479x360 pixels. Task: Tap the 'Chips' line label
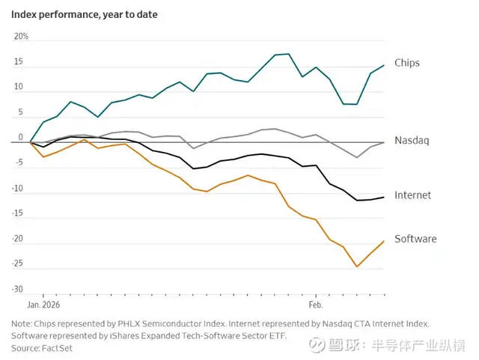(x=407, y=63)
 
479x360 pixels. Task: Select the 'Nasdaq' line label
(x=411, y=141)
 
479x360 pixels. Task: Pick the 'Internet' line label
(x=412, y=195)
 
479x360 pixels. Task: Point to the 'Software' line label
(x=415, y=239)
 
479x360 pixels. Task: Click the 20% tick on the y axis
(x=21, y=37)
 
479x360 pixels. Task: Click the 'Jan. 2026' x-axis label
(x=43, y=305)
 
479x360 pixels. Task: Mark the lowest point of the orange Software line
(x=357, y=266)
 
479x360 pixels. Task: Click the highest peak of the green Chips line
(x=289, y=54)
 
